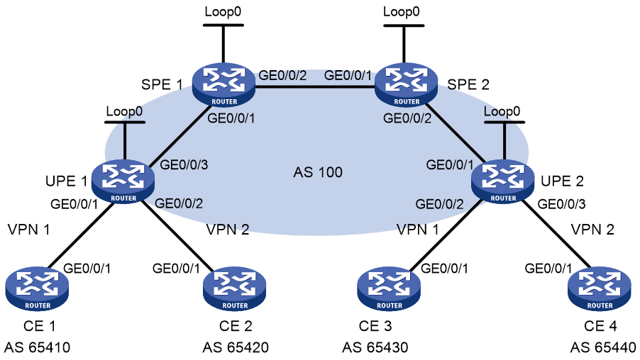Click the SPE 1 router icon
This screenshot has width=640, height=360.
click(x=224, y=85)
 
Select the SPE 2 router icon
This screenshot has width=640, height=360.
click(x=406, y=85)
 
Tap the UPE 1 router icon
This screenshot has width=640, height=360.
click(x=123, y=181)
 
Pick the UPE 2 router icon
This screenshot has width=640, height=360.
click(x=503, y=181)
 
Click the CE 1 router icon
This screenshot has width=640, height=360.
click(x=37, y=288)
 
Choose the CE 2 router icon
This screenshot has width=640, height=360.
click(x=235, y=288)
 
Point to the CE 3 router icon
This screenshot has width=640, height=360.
click(x=389, y=288)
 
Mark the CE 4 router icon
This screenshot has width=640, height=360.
click(x=599, y=288)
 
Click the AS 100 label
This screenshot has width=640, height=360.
click(x=318, y=172)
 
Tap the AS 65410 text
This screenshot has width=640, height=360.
click(x=37, y=347)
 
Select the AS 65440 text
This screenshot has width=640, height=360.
click(x=603, y=347)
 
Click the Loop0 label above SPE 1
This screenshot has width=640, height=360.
click(x=223, y=11)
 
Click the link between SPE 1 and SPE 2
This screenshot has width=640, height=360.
click(x=315, y=86)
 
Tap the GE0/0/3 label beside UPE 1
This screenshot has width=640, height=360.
click(x=184, y=164)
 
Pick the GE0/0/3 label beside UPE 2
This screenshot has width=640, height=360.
click(x=562, y=204)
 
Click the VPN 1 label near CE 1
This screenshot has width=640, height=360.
click(x=28, y=230)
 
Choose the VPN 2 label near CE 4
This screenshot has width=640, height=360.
click(x=592, y=230)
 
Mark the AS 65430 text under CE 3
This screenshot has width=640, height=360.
click(x=375, y=347)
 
